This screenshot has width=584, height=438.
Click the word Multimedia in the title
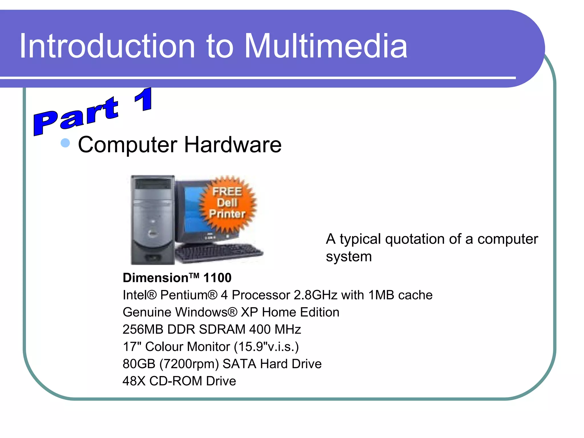pyautogui.click(x=326, y=46)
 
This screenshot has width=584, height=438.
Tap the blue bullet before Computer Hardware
pyautogui.click(x=65, y=143)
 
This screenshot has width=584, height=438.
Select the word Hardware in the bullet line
pyautogui.click(x=233, y=145)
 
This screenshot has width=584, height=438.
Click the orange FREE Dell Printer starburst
pyautogui.click(x=228, y=203)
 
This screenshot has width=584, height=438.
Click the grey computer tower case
pyautogui.click(x=153, y=220)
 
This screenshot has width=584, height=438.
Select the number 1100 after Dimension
pyautogui.click(x=217, y=278)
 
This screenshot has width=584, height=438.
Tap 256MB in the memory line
pyautogui.click(x=143, y=329)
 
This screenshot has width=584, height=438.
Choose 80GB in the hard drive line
pyautogui.click(x=139, y=364)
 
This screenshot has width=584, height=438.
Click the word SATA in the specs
pyautogui.click(x=239, y=364)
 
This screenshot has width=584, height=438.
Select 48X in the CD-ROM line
pyautogui.click(x=134, y=381)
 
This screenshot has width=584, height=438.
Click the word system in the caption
pyautogui.click(x=349, y=257)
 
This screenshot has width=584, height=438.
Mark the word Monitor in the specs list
pyautogui.click(x=208, y=347)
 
